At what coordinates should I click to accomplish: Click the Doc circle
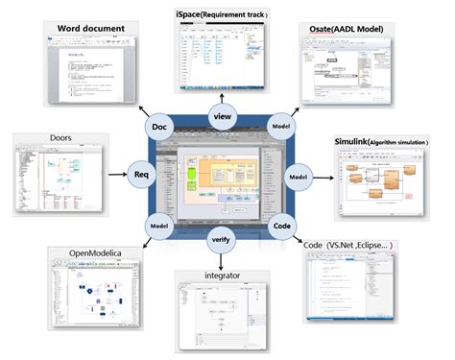[x=159, y=127]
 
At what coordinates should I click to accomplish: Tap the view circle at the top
[x=222, y=116]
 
